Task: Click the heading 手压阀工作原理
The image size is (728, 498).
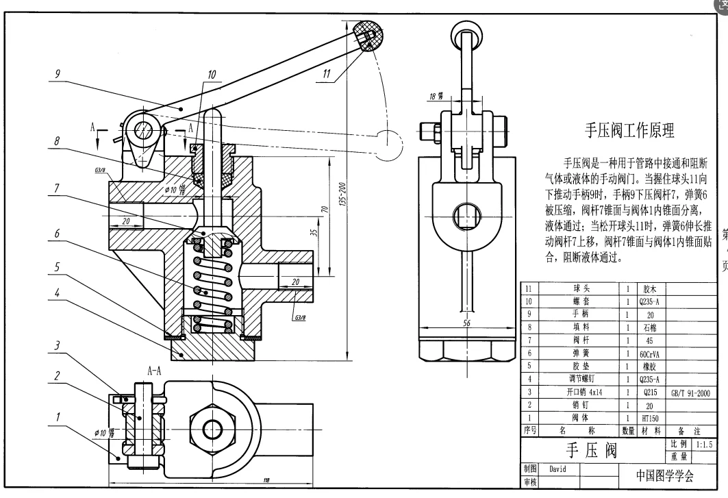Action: pyautogui.click(x=629, y=130)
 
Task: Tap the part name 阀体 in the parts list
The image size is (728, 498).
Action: pyautogui.click(x=580, y=418)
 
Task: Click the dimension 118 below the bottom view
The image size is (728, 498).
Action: pyautogui.click(x=264, y=480)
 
